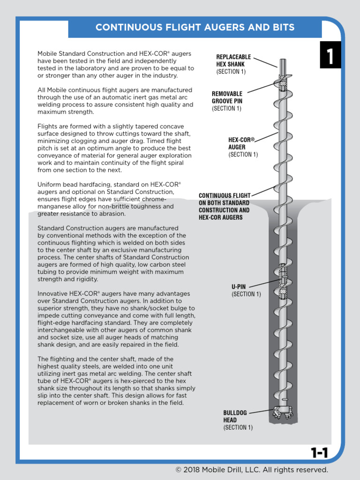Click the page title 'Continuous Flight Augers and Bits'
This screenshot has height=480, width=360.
(x=195, y=27)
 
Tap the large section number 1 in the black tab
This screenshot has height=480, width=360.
(x=330, y=57)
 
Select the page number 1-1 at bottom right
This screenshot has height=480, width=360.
(x=319, y=452)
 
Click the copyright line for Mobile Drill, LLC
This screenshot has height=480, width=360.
(x=252, y=470)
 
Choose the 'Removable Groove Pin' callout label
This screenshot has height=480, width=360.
(x=227, y=97)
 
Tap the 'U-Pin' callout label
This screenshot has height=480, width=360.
(x=239, y=286)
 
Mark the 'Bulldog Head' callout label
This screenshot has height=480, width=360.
(x=233, y=416)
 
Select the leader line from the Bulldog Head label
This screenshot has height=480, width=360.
(x=261, y=412)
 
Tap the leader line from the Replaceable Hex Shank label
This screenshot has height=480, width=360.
(x=268, y=61)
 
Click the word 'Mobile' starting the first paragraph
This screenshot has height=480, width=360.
(x=48, y=54)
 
